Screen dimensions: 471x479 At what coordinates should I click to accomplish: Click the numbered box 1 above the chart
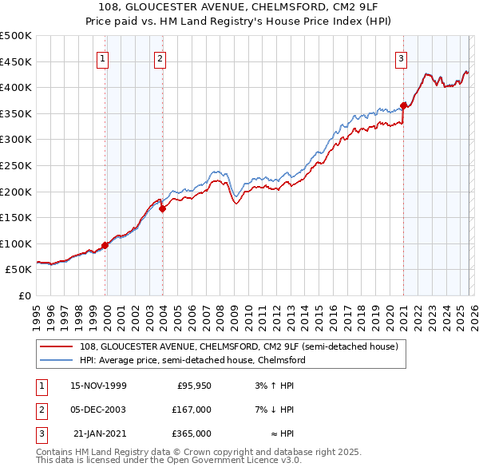(104, 57)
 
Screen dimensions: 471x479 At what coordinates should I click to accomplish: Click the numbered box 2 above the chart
(160, 57)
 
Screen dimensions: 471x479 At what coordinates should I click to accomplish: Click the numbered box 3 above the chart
(401, 57)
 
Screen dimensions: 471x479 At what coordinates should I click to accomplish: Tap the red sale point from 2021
(404, 105)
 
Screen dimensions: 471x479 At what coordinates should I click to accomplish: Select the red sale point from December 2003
(163, 208)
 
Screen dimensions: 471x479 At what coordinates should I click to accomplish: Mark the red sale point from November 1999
(105, 245)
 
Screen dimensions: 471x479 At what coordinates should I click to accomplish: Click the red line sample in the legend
(57, 346)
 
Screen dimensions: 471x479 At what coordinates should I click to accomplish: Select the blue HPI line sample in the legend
(57, 360)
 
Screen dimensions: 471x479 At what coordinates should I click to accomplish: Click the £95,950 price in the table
(193, 386)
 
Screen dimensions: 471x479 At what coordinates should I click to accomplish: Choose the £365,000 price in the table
(192, 433)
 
